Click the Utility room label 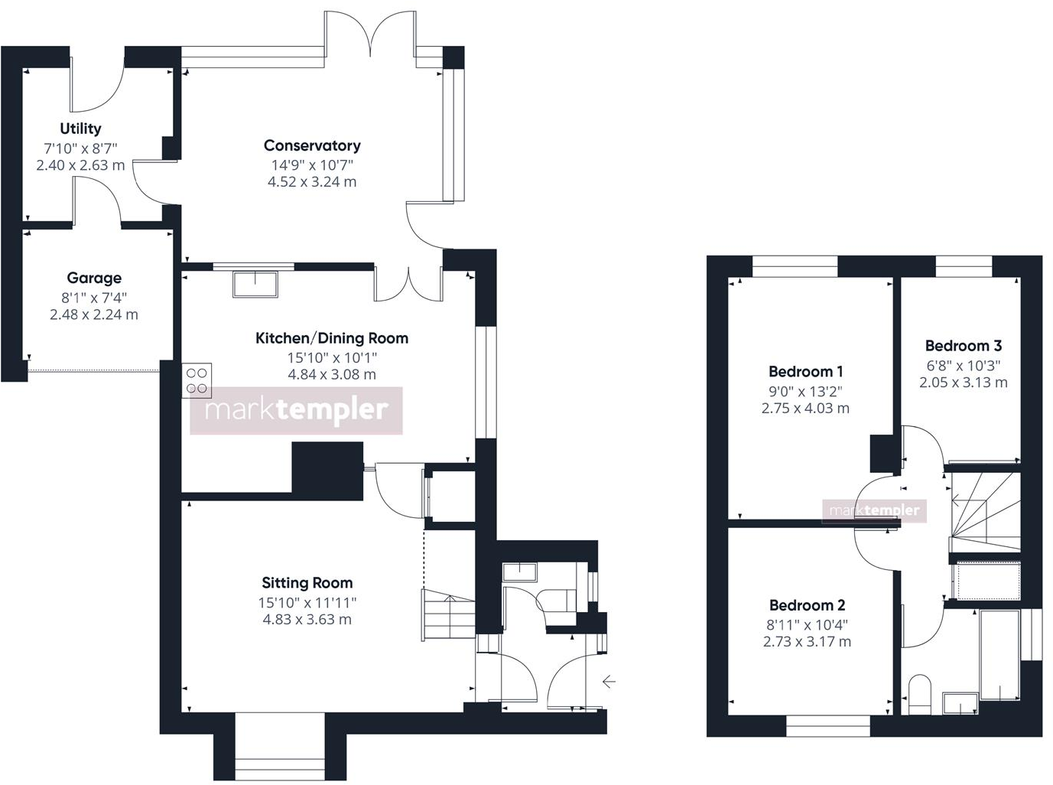tap(80, 129)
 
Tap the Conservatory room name tap(312, 145)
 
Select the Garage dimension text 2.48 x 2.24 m tap(94, 314)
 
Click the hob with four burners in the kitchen tap(197, 381)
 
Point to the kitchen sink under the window tap(256, 284)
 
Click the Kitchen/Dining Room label tap(331, 338)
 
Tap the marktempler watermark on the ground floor tap(296, 411)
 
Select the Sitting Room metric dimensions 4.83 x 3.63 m tap(307, 620)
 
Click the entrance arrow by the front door tap(609, 681)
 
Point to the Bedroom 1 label tap(805, 372)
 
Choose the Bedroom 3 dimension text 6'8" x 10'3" tap(963, 366)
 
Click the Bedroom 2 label tap(807, 605)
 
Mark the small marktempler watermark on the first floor tap(874, 510)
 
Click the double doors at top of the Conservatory tap(371, 34)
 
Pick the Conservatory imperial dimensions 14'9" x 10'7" tap(312, 164)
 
